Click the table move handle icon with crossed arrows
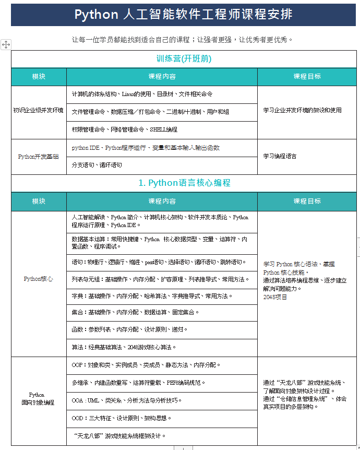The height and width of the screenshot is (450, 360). tap(6, 44)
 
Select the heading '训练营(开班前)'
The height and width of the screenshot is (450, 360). tap(184, 59)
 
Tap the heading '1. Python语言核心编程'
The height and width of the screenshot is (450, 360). tap(184, 183)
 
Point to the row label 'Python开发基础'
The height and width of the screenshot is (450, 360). tap(39, 156)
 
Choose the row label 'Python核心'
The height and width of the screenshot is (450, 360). tap(39, 279)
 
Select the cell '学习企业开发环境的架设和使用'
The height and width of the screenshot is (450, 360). tap(302, 110)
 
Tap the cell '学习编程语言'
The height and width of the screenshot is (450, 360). tap(280, 156)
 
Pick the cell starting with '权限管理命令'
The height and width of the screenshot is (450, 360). tap(125, 129)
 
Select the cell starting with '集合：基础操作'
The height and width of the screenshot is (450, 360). tap(136, 313)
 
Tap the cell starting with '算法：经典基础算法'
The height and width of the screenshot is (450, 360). tap(124, 347)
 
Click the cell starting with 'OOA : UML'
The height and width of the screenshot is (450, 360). tap(127, 400)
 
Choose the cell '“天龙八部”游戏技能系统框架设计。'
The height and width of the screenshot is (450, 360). tap(120, 435)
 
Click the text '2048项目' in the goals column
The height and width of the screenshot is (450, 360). tap(275, 297)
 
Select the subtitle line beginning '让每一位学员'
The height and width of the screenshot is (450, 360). tap(183, 39)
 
